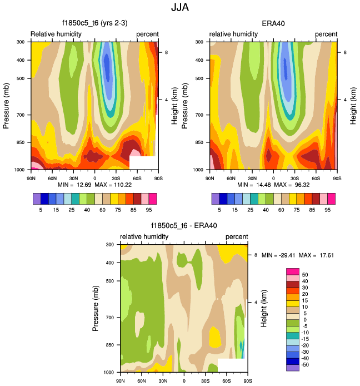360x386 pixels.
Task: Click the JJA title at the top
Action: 179,9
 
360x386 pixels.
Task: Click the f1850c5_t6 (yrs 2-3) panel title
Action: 94,24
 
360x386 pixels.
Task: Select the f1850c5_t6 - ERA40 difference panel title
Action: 184,226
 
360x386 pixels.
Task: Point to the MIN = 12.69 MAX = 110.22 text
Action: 95,185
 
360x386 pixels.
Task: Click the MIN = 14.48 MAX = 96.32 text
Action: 272,185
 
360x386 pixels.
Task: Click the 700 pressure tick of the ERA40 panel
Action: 202,115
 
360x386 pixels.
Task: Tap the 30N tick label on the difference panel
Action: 162,381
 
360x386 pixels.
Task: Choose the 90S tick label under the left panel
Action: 158,179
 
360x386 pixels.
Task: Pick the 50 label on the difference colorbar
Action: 305,275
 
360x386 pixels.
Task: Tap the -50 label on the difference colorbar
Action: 306,364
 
